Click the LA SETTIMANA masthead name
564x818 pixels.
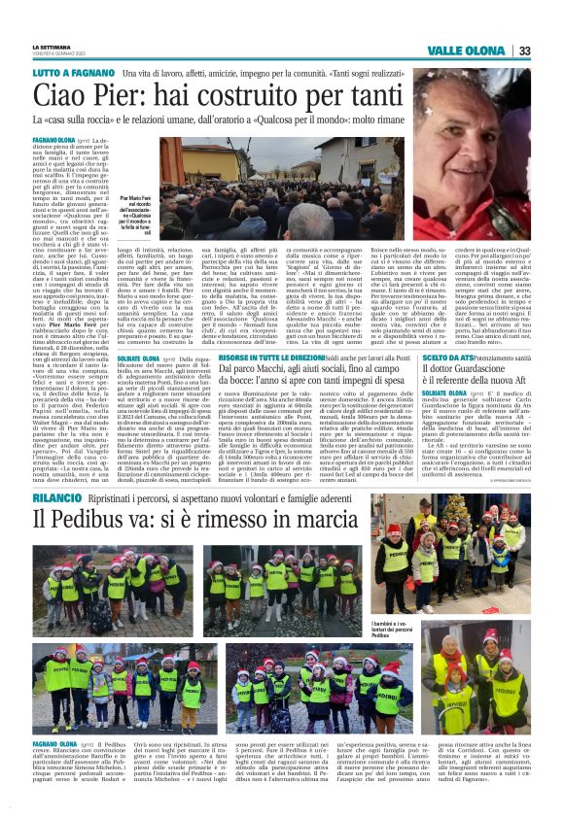48,46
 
